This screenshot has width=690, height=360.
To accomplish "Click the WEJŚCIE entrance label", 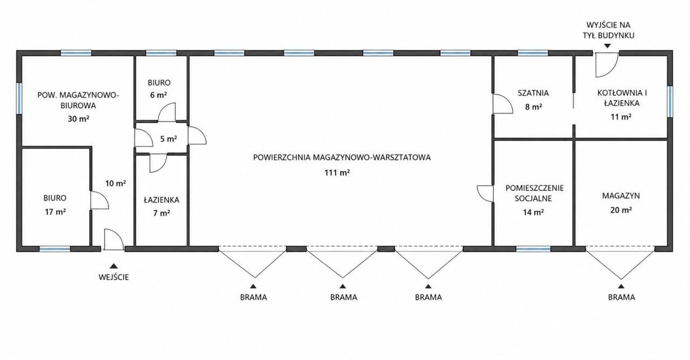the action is (x=114, y=277).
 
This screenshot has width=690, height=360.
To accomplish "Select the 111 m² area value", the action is (x=337, y=172).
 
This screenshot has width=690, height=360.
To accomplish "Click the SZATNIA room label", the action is (x=533, y=93).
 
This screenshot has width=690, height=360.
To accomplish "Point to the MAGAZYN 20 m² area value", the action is (x=621, y=210).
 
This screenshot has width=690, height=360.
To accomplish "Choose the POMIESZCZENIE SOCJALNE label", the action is (x=535, y=193).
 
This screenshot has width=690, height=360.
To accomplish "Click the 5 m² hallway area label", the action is (x=169, y=139).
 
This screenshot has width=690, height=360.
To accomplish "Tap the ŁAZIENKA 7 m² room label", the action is (x=161, y=206).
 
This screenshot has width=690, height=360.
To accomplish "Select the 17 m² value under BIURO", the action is (x=56, y=212).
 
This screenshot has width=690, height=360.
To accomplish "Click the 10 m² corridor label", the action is (x=115, y=184).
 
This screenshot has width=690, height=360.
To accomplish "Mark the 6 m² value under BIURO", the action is (x=158, y=95).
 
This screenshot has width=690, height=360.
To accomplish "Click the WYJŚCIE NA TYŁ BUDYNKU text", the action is (x=609, y=30).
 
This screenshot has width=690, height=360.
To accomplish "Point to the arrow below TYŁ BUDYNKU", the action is (x=607, y=46).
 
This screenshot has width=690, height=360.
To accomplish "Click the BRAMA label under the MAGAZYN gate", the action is (x=622, y=297).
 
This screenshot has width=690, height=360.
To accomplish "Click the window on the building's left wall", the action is (x=19, y=98).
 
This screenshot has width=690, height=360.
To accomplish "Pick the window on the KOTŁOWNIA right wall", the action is (x=670, y=102).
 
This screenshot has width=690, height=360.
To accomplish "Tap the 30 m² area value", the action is (x=79, y=119).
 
